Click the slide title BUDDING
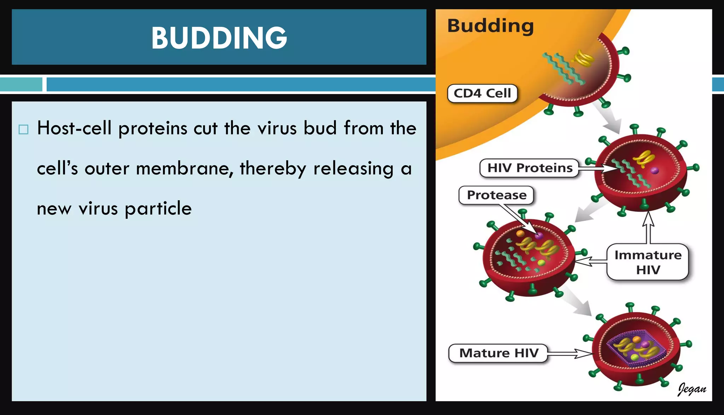click(219, 38)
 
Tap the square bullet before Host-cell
click(23, 129)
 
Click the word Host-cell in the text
click(74, 128)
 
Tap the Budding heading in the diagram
click(490, 25)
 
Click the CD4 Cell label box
click(482, 93)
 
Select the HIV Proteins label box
click(529, 168)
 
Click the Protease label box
click(496, 195)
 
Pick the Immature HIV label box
click(648, 262)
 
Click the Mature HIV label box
click(498, 353)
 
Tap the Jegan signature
click(691, 389)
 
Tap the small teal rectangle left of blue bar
click(21, 85)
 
